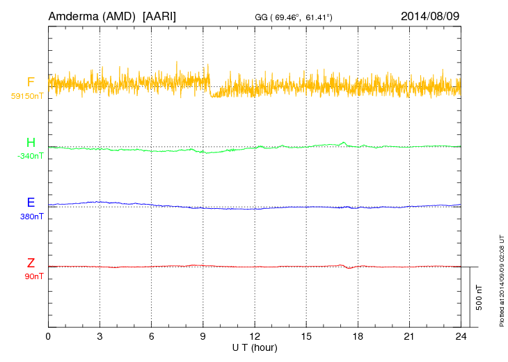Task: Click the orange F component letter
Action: [31, 81]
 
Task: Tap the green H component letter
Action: [31, 143]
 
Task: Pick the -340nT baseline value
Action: [30, 156]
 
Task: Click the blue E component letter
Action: [31, 203]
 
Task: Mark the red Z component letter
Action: [31, 263]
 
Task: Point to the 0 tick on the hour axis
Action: [48, 336]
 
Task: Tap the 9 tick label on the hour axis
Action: [203, 336]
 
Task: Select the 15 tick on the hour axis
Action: [306, 336]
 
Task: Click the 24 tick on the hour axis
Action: [461, 336]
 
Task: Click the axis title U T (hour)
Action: [255, 347]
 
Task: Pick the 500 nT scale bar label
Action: [479, 297]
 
